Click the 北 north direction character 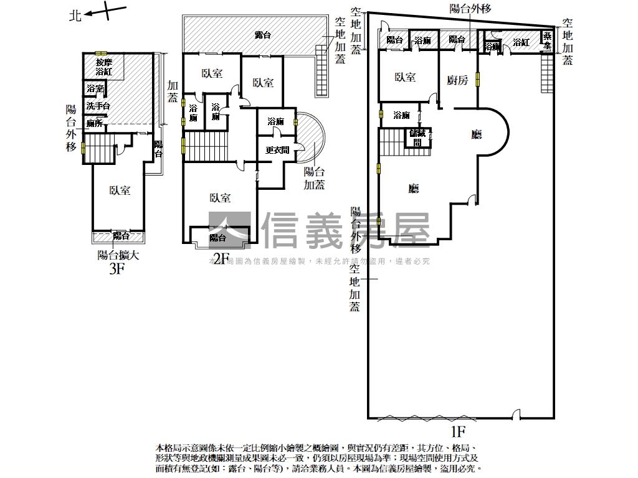[x=75, y=16]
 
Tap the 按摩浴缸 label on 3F [x=103, y=67]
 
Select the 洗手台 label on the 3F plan [x=98, y=106]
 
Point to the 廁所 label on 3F [x=95, y=123]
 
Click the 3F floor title [x=118, y=268]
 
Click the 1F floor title [x=459, y=431]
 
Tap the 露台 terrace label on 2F [x=263, y=35]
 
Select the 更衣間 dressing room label [x=277, y=150]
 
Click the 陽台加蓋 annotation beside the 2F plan [x=314, y=179]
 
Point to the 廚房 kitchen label [x=457, y=80]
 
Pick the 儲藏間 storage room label [x=416, y=137]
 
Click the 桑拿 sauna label [x=547, y=42]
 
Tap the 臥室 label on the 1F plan [x=406, y=77]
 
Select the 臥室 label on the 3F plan [x=120, y=190]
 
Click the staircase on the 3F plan [x=97, y=150]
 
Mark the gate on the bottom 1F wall [x=515, y=415]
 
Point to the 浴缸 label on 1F [x=521, y=42]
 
